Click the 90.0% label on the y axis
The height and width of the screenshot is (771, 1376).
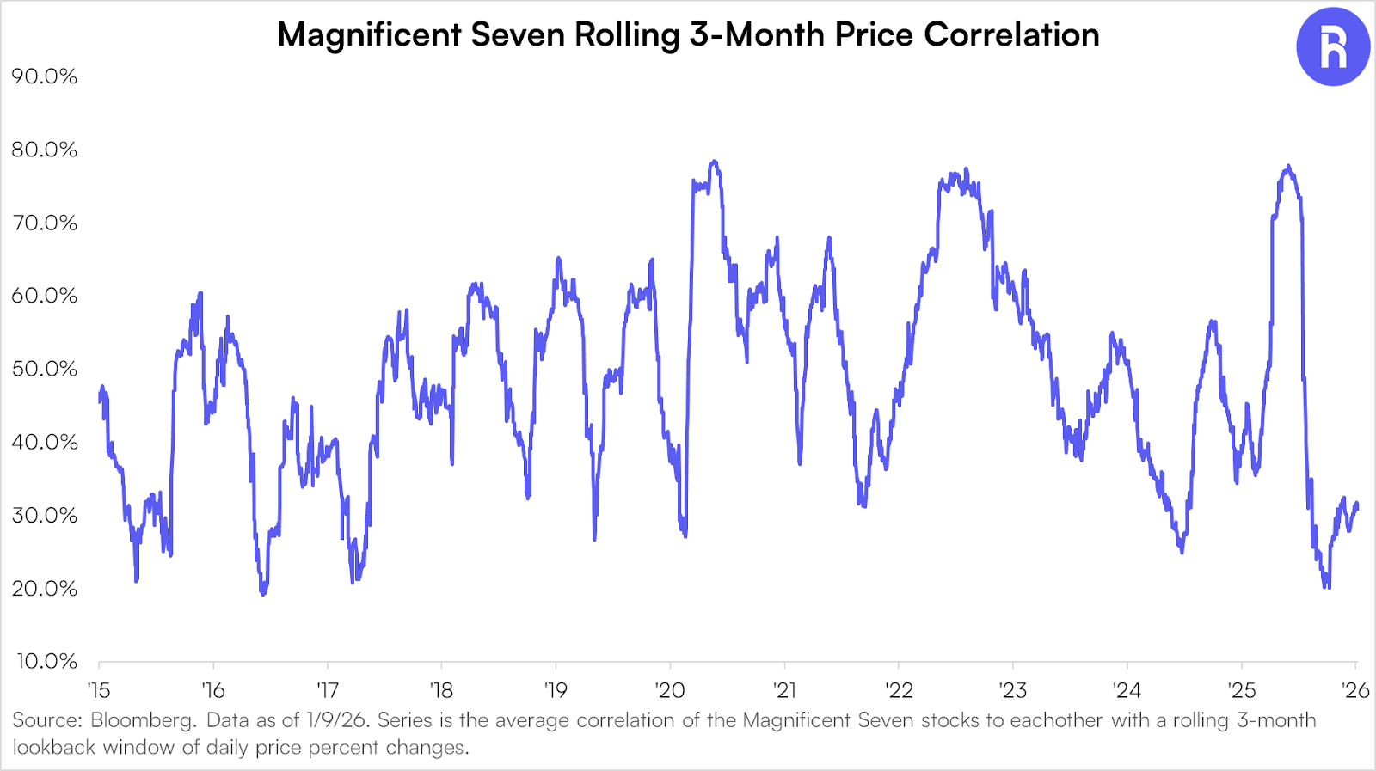44,76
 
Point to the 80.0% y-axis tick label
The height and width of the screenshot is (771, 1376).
44,150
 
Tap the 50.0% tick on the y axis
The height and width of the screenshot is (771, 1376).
44,369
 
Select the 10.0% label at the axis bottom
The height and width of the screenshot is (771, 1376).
46,661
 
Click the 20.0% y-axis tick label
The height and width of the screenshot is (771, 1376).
44,589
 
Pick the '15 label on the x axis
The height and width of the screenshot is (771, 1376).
99,690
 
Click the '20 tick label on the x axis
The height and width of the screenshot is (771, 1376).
670,690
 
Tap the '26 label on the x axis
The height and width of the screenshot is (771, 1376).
1355,690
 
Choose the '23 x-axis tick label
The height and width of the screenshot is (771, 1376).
1012,690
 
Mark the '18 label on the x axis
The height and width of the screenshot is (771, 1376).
441,690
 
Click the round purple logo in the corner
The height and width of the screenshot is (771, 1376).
1332,47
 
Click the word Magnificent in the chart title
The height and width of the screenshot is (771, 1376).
369,35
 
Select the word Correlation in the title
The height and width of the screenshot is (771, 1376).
1011,35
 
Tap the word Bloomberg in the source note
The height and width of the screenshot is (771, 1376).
143,720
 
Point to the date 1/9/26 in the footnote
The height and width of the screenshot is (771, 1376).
338,720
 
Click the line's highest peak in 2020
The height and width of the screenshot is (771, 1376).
714,162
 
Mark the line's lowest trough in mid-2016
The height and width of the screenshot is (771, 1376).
263,593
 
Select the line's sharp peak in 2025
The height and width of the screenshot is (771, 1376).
1287,167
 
